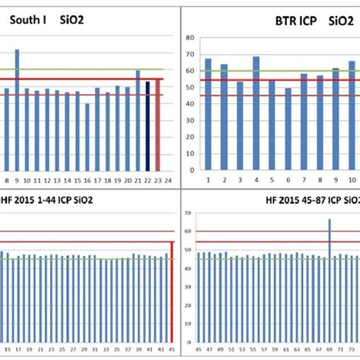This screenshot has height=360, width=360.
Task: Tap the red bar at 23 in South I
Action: (x=158, y=125)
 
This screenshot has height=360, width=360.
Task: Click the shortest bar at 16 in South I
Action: (x=87, y=137)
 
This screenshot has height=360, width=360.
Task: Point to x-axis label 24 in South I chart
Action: (x=169, y=181)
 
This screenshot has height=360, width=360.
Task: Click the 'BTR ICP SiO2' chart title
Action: (x=307, y=22)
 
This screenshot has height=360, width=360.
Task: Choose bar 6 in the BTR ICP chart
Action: (x=288, y=128)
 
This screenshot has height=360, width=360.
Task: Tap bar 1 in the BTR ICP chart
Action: (x=208, y=113)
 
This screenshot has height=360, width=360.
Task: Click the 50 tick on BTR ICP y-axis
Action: (x=189, y=89)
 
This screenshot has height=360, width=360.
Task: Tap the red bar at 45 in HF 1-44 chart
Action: (x=172, y=288)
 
